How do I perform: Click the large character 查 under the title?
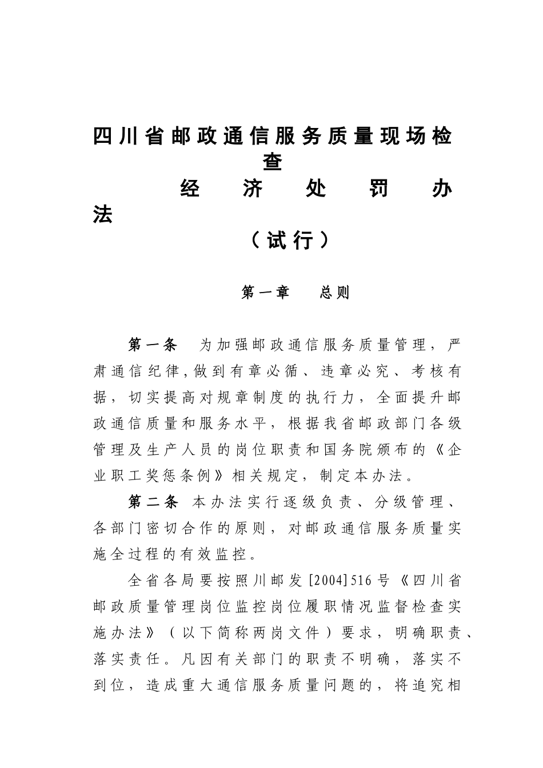(x=272, y=161)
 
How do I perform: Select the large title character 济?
(x=252, y=188)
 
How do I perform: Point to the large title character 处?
(x=315, y=188)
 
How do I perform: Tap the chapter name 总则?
(x=334, y=293)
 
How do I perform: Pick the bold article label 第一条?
(x=153, y=345)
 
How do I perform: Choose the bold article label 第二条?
(x=153, y=502)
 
